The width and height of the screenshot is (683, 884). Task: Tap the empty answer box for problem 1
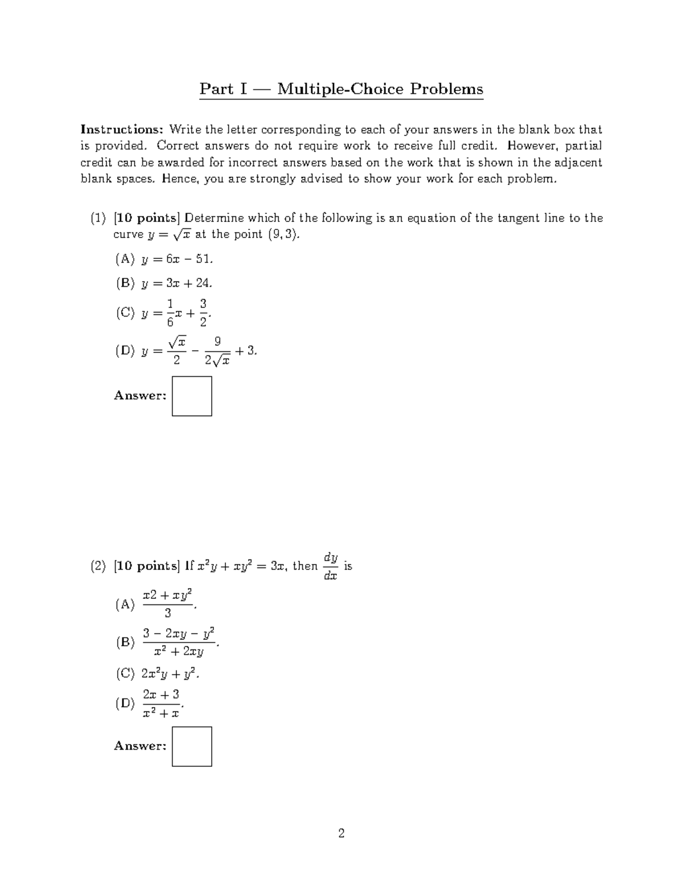pos(192,396)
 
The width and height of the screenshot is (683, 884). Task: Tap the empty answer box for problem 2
pos(192,746)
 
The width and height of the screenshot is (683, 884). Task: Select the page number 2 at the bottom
pos(341,834)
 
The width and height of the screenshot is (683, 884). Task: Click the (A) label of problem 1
pos(125,260)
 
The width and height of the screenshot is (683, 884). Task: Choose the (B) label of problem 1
pos(125,283)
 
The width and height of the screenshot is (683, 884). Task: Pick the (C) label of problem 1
pos(125,313)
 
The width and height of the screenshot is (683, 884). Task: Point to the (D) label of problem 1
pos(125,351)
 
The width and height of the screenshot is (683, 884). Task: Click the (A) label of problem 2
pos(125,605)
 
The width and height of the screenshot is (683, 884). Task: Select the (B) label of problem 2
pos(125,643)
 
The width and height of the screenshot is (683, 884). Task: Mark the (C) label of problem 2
pos(125,674)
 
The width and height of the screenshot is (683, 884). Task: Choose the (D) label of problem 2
pos(125,704)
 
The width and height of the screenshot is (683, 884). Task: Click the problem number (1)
pos(98,218)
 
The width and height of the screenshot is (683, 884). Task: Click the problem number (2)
pos(98,566)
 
